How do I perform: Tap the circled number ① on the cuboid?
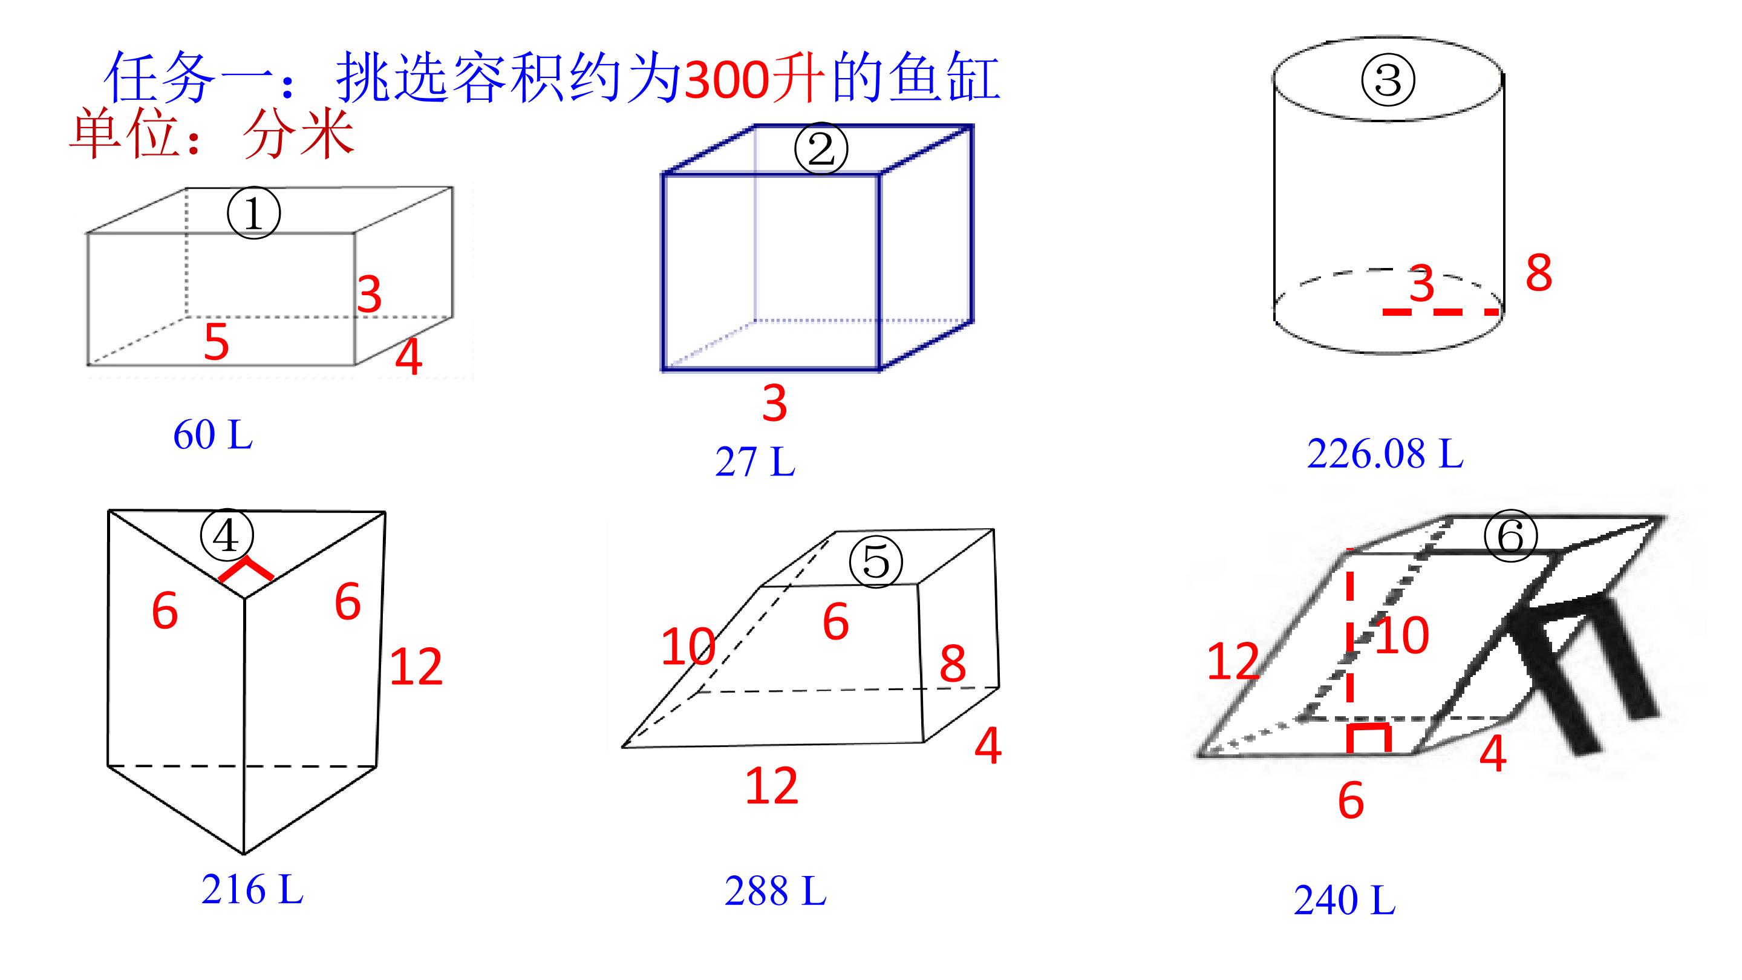click(x=253, y=214)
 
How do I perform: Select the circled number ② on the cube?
click(x=821, y=150)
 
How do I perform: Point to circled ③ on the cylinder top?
click(x=1388, y=80)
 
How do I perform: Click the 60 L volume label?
click(x=213, y=434)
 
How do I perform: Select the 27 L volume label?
click(x=755, y=462)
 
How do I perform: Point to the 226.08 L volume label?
click(x=1385, y=453)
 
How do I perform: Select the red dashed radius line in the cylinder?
click(x=1440, y=312)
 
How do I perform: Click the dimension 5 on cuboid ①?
click(x=217, y=342)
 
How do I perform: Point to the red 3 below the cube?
click(x=775, y=403)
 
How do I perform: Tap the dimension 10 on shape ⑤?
click(x=688, y=647)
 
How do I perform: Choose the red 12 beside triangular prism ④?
click(x=416, y=667)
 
